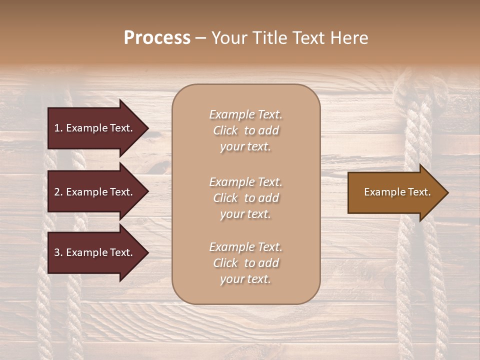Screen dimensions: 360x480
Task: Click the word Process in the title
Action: [157, 38]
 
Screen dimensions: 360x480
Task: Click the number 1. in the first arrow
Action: [58, 128]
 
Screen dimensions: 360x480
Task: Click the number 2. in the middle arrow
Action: [58, 192]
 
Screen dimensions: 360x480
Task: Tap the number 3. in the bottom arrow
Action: [58, 252]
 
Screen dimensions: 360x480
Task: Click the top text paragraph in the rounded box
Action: [245, 130]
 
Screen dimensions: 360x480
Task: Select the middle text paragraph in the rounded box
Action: [245, 198]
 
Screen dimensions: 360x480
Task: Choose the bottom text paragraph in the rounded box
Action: [245, 263]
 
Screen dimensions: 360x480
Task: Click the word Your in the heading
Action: [228, 38]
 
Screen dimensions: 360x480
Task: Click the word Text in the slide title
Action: [307, 38]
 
